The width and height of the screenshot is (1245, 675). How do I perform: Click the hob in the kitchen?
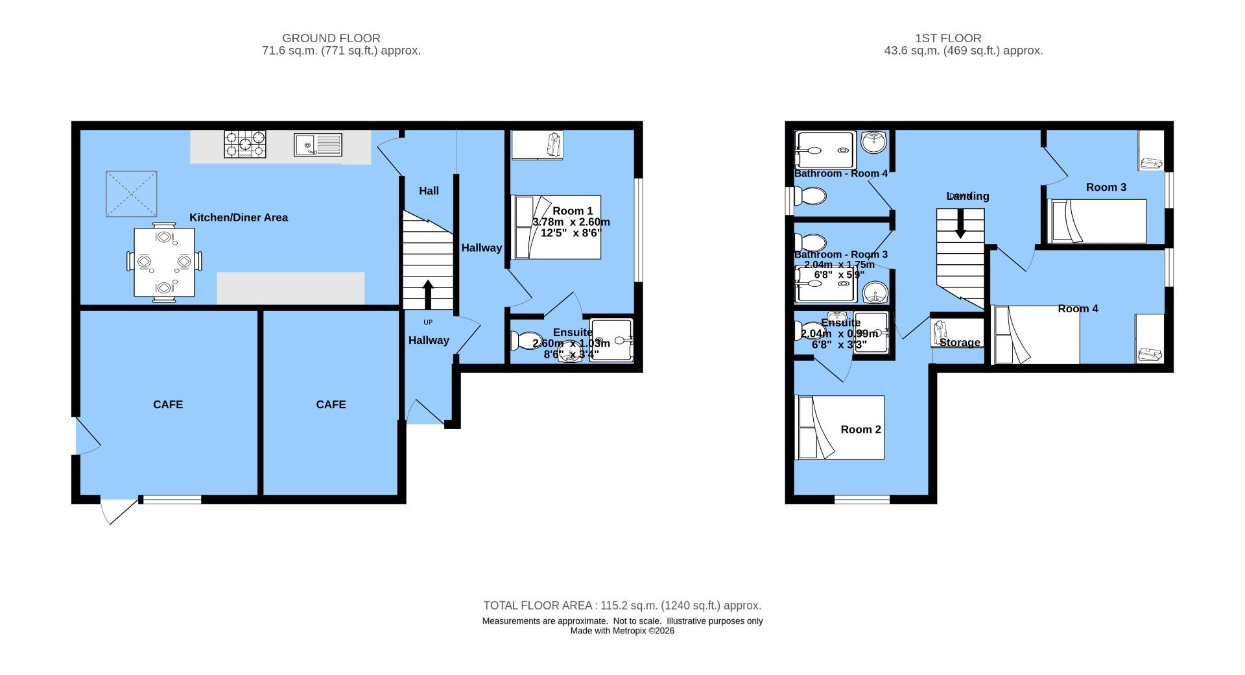pos(244,144)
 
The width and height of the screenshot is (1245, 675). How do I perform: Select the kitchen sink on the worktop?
pos(317,144)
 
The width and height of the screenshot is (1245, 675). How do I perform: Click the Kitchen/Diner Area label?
pos(239,217)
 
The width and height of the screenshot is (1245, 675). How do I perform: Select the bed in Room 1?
pos(556,227)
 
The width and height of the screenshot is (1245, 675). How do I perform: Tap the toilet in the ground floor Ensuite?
pos(523,340)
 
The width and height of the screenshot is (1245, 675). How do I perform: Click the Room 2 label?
pos(860,429)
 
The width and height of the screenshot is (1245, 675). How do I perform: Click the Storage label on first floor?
pos(960,343)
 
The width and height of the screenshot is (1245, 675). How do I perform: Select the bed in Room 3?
pos(1097,221)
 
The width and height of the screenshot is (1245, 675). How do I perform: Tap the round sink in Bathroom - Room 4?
pos(875,141)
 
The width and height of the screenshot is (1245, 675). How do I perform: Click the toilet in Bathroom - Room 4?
pos(811,195)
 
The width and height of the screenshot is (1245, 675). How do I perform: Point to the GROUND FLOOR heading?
pos(331,38)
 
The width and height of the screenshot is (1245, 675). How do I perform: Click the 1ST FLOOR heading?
pos(964,38)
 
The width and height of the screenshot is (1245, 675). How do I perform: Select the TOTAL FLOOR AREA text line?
pos(622,606)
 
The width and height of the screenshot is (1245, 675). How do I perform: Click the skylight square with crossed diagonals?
pos(132,194)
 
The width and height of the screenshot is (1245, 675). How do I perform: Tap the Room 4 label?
pos(1078,308)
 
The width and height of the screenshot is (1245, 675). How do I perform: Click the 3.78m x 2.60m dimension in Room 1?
pos(571,222)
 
